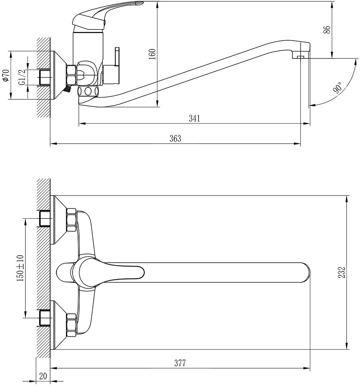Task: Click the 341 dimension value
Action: coord(195,119)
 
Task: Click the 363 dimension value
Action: coord(175,139)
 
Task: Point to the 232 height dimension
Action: coord(341,272)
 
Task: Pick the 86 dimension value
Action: coord(327,30)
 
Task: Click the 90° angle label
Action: coord(338,88)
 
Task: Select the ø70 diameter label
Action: coord(5,75)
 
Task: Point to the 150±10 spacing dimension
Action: coord(20,268)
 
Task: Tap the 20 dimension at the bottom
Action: coord(43,376)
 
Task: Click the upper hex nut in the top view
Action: coord(71,220)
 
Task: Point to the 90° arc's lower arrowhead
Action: coord(311,105)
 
